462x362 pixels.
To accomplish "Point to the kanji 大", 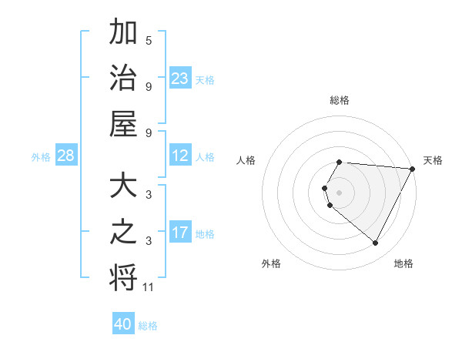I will pyautogui.click(x=123, y=187).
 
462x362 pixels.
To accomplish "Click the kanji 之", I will pyautogui.click(x=123, y=232).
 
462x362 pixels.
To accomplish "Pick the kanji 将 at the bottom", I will pyautogui.click(x=123, y=277).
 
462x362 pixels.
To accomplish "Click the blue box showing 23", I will pyautogui.click(x=180, y=78).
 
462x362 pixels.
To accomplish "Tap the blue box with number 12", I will pyautogui.click(x=180, y=156).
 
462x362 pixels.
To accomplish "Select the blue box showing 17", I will pyautogui.click(x=180, y=233).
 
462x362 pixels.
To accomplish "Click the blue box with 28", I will pyautogui.click(x=66, y=156).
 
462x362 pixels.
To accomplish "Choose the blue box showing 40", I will pyautogui.click(x=123, y=324).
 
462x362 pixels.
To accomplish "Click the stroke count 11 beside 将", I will pyautogui.click(x=149, y=287).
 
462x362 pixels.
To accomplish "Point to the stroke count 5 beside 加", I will pyautogui.click(x=149, y=40).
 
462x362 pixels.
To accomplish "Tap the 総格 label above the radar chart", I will pyautogui.click(x=340, y=100).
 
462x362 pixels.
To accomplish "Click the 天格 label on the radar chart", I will pyautogui.click(x=433, y=160).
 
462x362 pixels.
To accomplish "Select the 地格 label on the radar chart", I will pyautogui.click(x=403, y=263).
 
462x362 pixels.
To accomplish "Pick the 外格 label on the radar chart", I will pyautogui.click(x=271, y=263).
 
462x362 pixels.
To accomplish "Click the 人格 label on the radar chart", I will pyautogui.click(x=246, y=160).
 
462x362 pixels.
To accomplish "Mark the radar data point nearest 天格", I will pyautogui.click(x=413, y=169).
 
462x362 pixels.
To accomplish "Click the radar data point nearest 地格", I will pyautogui.click(x=376, y=243).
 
